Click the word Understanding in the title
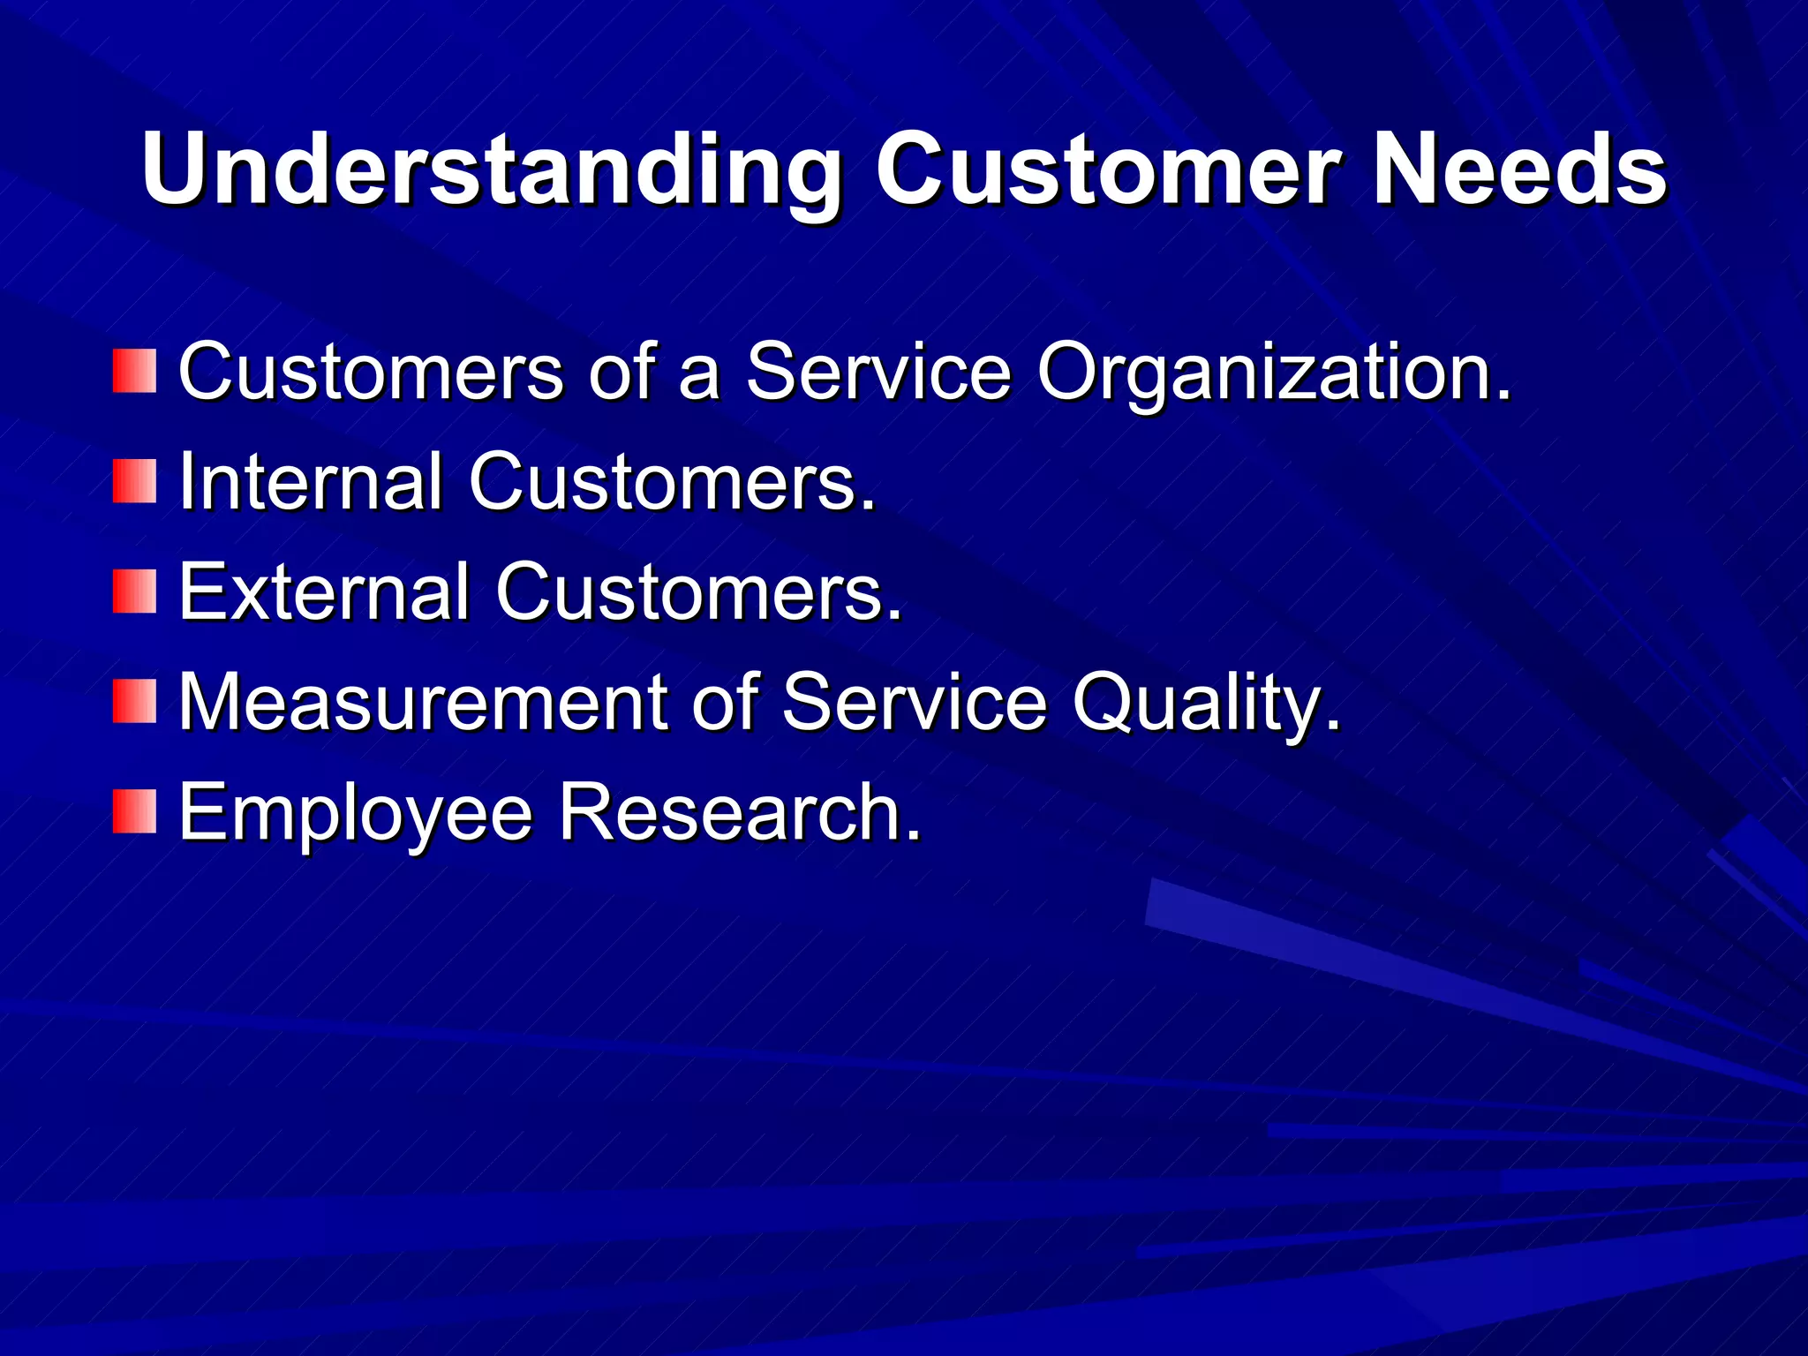coord(491,169)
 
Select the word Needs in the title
coord(1518,169)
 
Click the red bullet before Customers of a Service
coord(134,372)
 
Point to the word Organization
coord(1273,373)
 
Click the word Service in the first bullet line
coord(878,372)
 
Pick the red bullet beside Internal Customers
coord(134,482)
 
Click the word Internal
coord(310,482)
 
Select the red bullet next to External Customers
coord(134,592)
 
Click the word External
coord(323,592)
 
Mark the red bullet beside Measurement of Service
coord(134,702)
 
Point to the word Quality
coord(1206,704)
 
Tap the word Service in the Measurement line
coord(913,703)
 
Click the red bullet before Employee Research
coord(134,812)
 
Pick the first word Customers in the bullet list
coord(370,372)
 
